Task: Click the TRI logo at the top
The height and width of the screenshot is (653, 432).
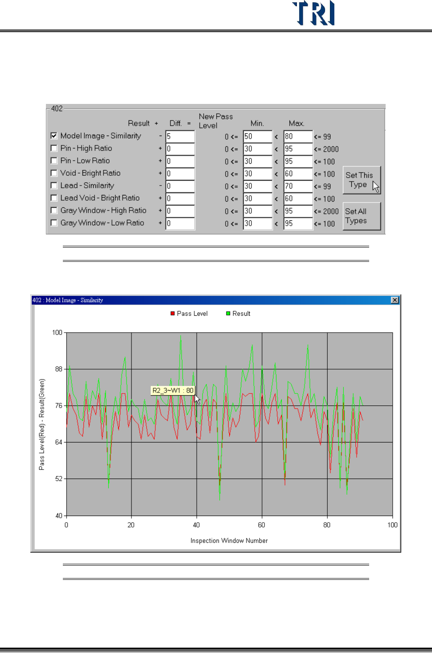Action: coord(313,13)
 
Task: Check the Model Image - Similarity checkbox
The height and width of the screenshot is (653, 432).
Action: coord(54,136)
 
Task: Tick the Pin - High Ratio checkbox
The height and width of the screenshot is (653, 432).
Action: coord(54,148)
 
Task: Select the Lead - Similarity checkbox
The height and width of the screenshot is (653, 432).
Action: coord(54,186)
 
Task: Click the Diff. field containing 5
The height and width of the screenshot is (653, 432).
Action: coord(180,136)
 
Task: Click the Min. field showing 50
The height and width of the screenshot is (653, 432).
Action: coord(257,136)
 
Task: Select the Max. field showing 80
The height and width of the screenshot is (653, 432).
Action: coord(297,136)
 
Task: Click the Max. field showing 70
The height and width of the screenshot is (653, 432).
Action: coord(297,186)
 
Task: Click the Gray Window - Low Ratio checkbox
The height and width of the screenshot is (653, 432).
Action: coord(54,223)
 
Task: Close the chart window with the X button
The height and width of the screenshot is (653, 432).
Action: coord(395,300)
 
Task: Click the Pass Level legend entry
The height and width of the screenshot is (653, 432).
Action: coord(189,314)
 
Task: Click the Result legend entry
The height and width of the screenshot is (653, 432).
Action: coord(238,314)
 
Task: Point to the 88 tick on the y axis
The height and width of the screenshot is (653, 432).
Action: coord(58,369)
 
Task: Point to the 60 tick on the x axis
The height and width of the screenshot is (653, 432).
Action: coord(262,525)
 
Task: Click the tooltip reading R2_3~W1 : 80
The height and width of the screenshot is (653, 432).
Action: coord(173,391)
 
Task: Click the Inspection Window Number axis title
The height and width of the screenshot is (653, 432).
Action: coord(229,541)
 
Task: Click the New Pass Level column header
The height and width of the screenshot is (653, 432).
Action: coord(216,121)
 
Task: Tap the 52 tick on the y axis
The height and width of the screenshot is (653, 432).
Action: coord(58,479)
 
